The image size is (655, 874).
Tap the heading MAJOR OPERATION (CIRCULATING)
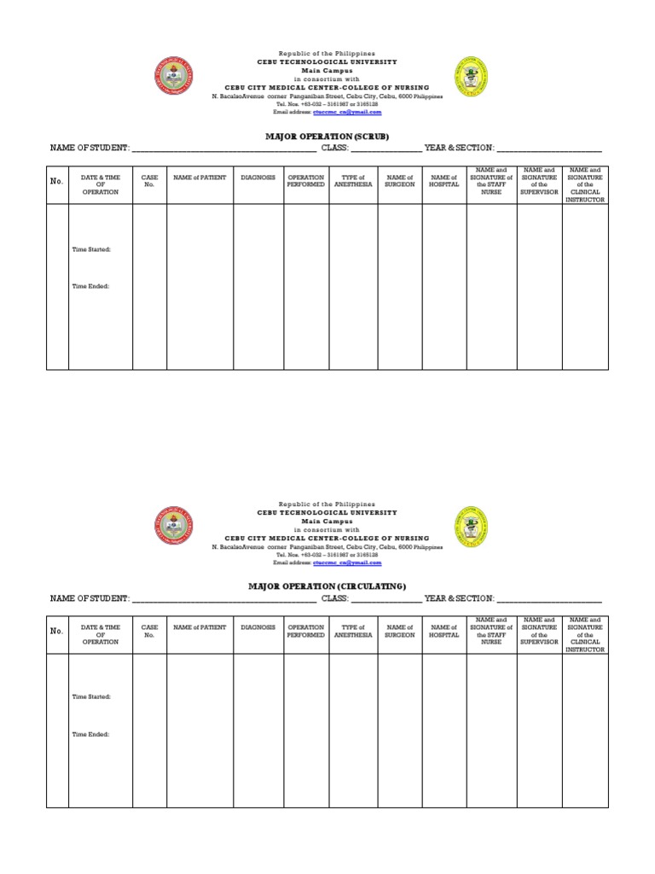point(327,586)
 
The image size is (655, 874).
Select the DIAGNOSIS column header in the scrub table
point(258,177)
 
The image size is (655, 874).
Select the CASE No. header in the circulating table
point(149,631)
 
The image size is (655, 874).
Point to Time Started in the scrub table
point(91,249)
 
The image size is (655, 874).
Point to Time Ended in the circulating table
point(90,734)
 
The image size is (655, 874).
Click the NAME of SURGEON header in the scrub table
point(399,180)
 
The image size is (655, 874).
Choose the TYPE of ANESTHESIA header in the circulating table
point(353,631)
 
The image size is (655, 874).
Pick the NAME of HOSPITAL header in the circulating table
point(443,631)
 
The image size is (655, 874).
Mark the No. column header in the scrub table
point(57,181)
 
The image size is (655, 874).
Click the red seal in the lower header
point(175,527)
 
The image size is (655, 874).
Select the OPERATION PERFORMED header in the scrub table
point(305,180)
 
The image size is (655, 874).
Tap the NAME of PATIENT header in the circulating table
point(200,627)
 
